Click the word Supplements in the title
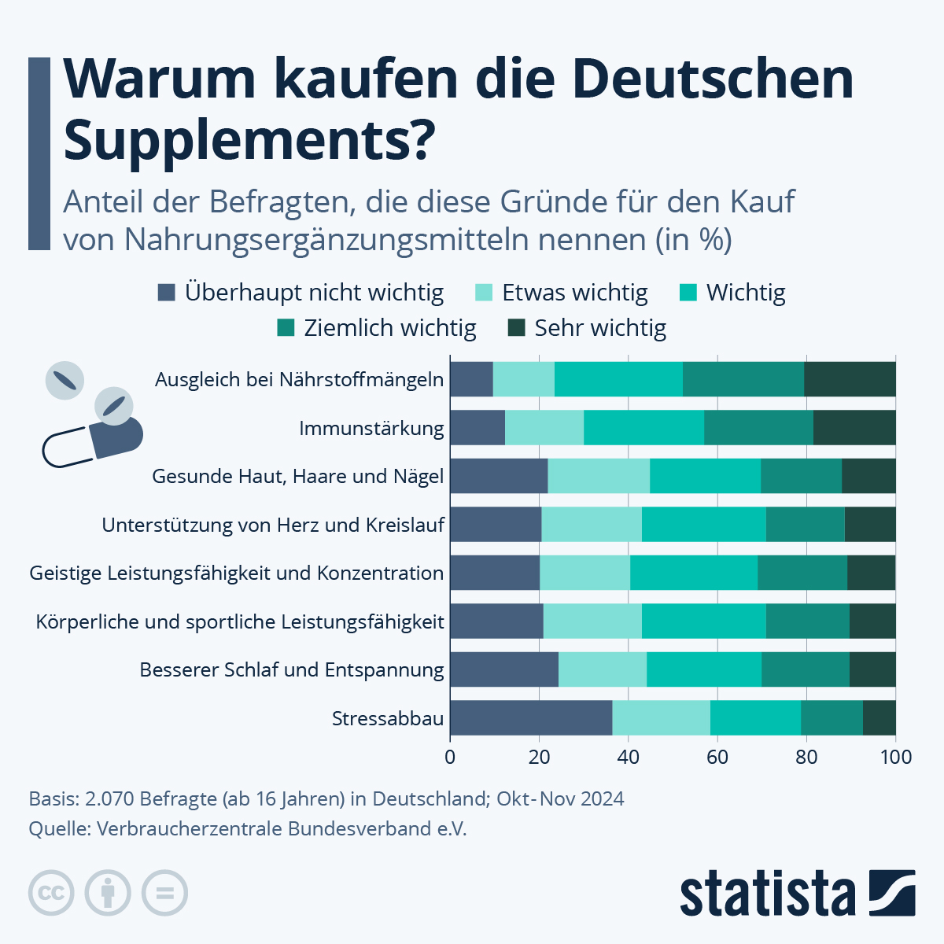[x=249, y=140]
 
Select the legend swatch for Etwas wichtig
[x=484, y=293]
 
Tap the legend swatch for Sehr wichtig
[x=516, y=327]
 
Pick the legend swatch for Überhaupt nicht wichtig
[x=166, y=293]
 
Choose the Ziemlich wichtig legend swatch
[x=286, y=327]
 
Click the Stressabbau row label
[x=388, y=718]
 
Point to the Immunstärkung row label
[x=371, y=429]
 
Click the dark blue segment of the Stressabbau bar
[x=531, y=717]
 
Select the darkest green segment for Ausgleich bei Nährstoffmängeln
[x=850, y=379]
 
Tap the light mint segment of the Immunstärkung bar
[x=544, y=428]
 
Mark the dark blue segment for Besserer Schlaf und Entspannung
[x=504, y=669]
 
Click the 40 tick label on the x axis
[x=628, y=758]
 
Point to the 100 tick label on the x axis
[x=895, y=758]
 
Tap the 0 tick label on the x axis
[x=450, y=758]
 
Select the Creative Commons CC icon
[x=51, y=893]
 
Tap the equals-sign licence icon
[x=164, y=893]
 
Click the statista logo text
[x=767, y=894]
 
